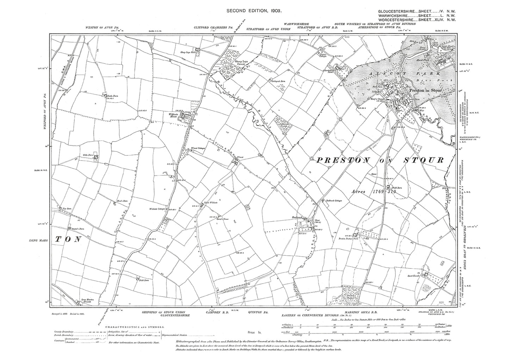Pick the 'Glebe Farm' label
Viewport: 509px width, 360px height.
(88, 155)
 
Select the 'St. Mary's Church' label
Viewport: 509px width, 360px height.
(377, 99)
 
